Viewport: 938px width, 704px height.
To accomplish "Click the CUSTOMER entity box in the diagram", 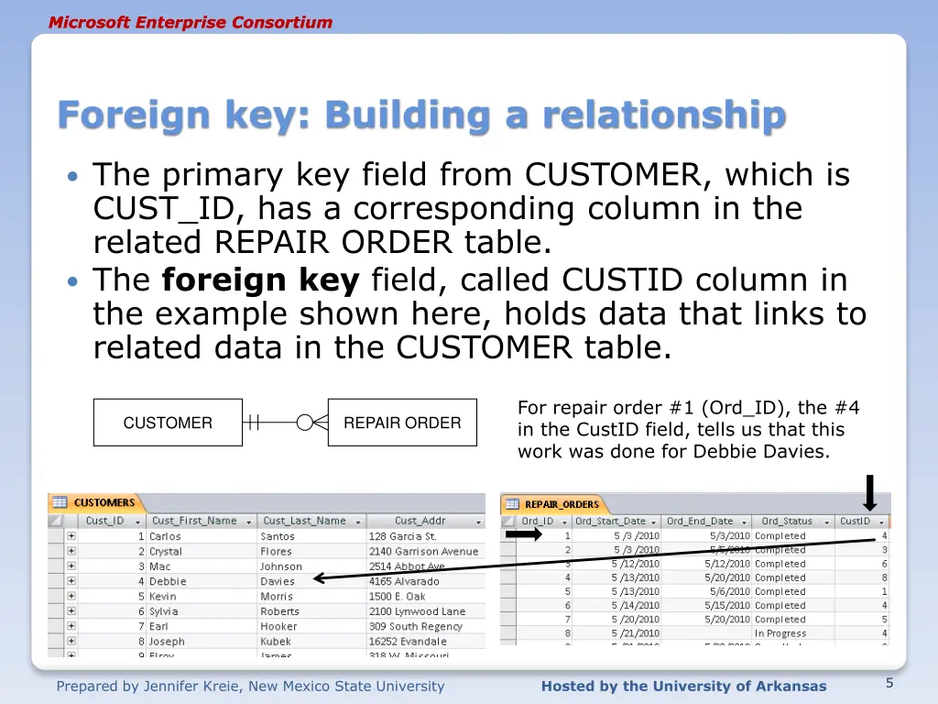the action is (168, 423).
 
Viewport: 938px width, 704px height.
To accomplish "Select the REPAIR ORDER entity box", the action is (402, 423).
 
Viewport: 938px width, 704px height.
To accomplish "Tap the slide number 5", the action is (889, 683).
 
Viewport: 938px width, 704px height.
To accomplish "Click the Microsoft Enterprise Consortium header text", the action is (191, 22).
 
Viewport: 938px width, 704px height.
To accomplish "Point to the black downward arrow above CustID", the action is (870, 492).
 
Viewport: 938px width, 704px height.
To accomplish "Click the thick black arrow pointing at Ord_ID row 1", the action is (524, 535).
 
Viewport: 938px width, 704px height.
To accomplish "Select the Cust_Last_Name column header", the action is (304, 521).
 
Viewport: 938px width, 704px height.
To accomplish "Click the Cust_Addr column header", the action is (420, 521).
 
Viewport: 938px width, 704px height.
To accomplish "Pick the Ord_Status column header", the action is (787, 521).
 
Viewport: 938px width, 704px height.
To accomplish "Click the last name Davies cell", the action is (278, 581).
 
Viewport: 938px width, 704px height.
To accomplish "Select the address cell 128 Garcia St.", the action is (403, 536).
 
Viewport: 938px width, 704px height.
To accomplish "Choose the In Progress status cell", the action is (780, 633).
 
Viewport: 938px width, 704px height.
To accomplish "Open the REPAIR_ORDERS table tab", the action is (561, 503).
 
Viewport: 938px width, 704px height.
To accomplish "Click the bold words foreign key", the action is (260, 280).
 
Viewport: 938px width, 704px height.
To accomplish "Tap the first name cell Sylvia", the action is (164, 611).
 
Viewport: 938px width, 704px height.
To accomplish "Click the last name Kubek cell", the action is (276, 642).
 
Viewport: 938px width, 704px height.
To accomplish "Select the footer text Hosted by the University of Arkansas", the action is (683, 687).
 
